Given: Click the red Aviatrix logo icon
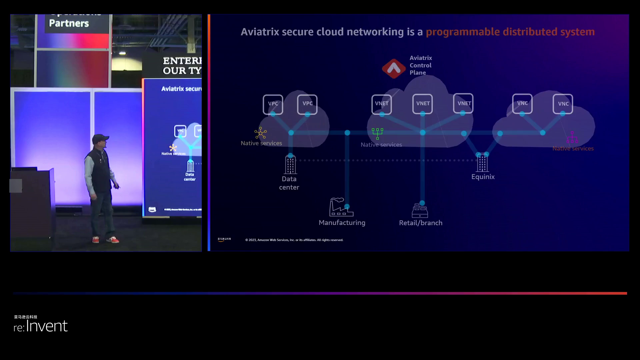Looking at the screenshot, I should [394, 69].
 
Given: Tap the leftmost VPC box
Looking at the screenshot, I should [273, 104].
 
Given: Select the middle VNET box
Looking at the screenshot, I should [422, 104].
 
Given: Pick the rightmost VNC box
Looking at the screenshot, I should [563, 104].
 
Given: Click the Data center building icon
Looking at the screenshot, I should [290, 164].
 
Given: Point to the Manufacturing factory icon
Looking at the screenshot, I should [341, 207].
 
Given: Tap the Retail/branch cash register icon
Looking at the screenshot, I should [420, 211].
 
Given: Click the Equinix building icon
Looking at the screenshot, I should [482, 163].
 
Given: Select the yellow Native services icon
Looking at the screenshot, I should [260, 133].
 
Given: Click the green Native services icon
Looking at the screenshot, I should [377, 133].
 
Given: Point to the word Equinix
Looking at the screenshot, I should [483, 177].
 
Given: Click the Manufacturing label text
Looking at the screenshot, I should [342, 223].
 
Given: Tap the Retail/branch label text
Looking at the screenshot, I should [421, 223].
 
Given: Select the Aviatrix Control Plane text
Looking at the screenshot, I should [420, 65].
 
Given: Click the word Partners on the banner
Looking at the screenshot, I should [69, 23].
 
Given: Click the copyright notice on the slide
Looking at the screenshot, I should [294, 240].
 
